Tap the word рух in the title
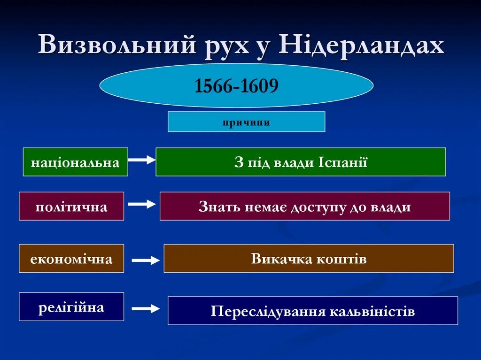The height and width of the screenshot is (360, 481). coord(226,46)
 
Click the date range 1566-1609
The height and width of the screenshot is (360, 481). coord(237,86)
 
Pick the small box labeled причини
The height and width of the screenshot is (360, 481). coord(246,122)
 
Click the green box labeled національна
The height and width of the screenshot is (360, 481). coord(75,162)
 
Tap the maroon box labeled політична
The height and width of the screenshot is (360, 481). coord(71,207)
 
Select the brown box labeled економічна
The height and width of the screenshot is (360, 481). coord(71,259)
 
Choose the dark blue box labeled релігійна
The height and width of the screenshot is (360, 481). coord(71,307)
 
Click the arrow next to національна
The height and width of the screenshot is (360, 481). coord(141,160)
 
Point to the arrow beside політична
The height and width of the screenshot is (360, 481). coord(141,204)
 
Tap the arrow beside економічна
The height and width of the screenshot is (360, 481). coord(146,260)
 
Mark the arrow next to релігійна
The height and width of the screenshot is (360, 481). coord(146,309)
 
